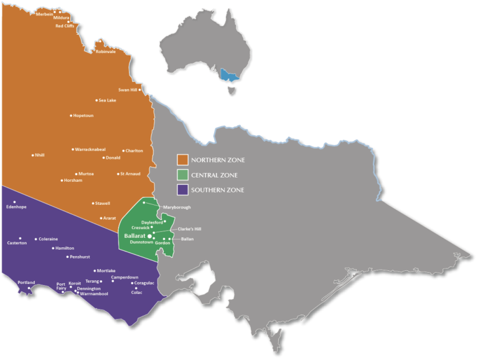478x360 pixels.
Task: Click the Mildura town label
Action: click(x=62, y=19)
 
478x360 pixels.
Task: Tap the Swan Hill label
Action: click(x=128, y=90)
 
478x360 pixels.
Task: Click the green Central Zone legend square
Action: click(x=182, y=174)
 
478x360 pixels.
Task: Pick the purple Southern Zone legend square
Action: click(x=182, y=189)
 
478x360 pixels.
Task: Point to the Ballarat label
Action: click(x=135, y=237)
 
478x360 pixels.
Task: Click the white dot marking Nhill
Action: click(x=34, y=155)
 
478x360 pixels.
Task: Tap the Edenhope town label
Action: click(x=16, y=207)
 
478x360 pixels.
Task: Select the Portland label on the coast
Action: click(x=26, y=282)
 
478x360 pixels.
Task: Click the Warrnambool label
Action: click(x=94, y=293)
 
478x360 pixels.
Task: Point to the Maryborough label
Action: click(x=177, y=207)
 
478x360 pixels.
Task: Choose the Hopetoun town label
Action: click(x=83, y=115)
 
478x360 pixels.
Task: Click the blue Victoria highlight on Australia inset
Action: click(x=229, y=77)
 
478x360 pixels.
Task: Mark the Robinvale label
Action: click(x=105, y=52)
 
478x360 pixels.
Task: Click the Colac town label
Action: click(x=137, y=292)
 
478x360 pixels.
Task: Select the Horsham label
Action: click(x=72, y=181)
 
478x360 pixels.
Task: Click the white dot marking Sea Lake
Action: click(x=96, y=100)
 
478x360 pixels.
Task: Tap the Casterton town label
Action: click(x=17, y=243)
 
